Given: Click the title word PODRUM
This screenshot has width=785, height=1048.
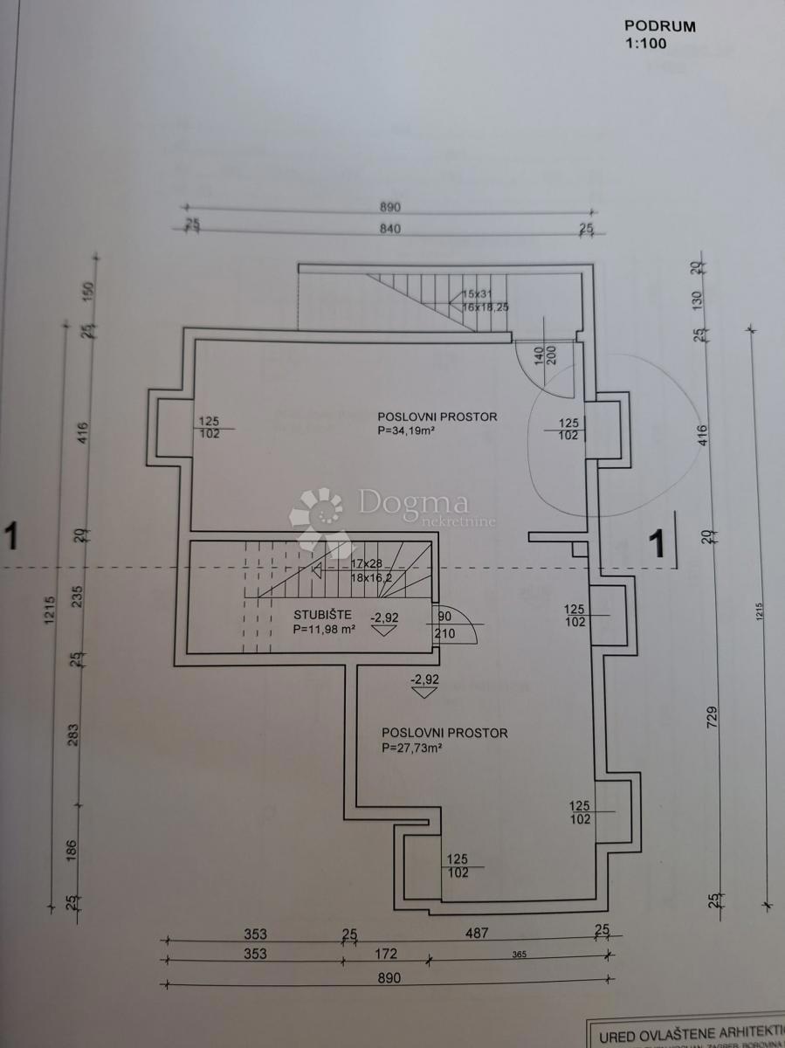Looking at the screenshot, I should (x=660, y=26).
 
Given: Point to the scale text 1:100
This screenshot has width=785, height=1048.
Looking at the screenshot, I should (x=645, y=42).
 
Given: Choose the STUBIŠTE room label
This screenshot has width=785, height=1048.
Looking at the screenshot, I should (x=323, y=614).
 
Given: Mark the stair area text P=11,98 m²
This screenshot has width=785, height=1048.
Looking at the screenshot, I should (x=324, y=628).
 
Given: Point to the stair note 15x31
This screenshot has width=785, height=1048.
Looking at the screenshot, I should (x=478, y=294).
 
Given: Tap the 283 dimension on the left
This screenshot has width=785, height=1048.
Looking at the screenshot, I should (x=73, y=735).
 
